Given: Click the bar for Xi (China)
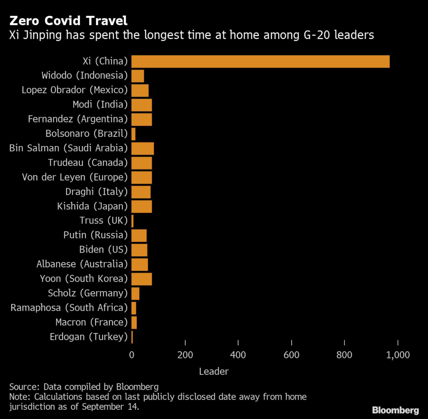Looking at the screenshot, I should click(x=260, y=61).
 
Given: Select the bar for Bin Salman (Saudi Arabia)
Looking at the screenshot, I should click(x=143, y=148).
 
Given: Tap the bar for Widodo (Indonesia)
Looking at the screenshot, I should click(x=138, y=76).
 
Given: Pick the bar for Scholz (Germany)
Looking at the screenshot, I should click(x=135, y=294).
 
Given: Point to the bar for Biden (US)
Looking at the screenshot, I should click(x=139, y=250).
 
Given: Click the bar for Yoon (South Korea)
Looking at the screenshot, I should click(x=142, y=279).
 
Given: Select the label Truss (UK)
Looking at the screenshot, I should click(x=104, y=221).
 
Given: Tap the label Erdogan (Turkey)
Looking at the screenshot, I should click(x=89, y=337).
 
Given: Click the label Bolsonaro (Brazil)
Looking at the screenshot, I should click(x=87, y=134).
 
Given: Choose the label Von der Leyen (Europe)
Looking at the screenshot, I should click(x=75, y=177).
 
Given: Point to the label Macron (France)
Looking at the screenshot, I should click(x=92, y=322).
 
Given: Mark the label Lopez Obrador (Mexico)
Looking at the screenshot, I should click(x=75, y=90).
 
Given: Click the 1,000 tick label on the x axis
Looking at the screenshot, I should click(x=397, y=355).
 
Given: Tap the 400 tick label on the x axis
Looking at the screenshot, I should click(x=238, y=355).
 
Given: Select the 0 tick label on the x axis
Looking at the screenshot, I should click(x=132, y=355).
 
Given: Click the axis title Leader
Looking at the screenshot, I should click(x=214, y=371).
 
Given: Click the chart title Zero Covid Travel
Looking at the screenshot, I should click(x=69, y=20).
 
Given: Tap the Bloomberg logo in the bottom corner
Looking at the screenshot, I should click(x=395, y=409).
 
